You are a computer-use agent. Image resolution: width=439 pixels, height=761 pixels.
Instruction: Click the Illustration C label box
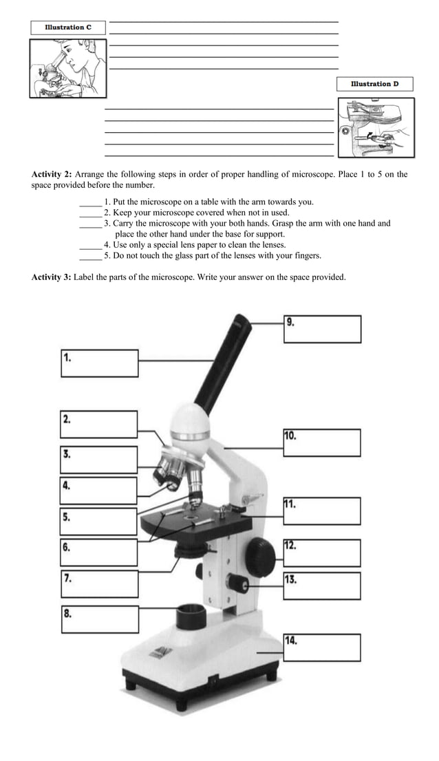click(x=68, y=28)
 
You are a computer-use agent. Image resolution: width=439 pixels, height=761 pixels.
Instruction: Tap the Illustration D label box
click(x=374, y=84)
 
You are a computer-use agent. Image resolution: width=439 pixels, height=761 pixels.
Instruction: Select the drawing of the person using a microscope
click(x=68, y=69)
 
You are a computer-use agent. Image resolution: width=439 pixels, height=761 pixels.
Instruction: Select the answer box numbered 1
click(x=100, y=363)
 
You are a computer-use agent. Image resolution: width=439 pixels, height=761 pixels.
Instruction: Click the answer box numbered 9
click(x=322, y=329)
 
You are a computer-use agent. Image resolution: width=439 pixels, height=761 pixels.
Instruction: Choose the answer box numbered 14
click(x=322, y=647)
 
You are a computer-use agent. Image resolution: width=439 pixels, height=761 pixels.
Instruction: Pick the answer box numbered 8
click(x=100, y=619)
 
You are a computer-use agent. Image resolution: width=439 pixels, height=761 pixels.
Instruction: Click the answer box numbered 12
click(x=322, y=553)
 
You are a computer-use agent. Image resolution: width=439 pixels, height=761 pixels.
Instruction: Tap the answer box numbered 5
click(x=100, y=522)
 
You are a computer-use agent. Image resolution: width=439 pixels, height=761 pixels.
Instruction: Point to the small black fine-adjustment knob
click(x=239, y=584)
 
